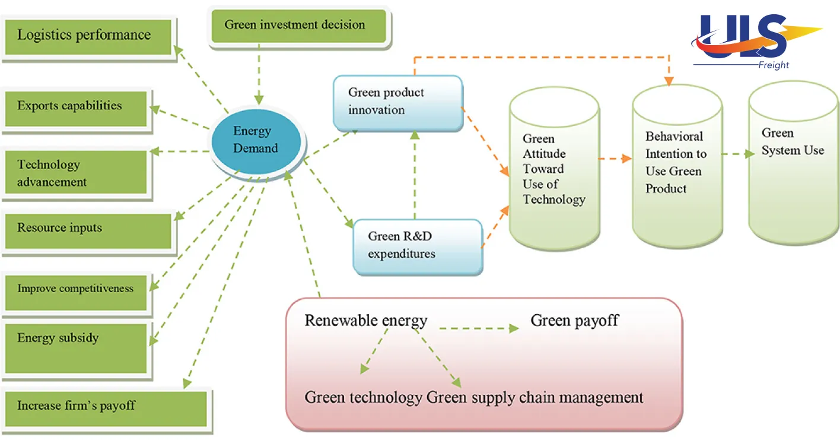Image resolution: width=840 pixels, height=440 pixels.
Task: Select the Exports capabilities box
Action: point(75,107)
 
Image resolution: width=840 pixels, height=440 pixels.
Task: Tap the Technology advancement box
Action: point(75,172)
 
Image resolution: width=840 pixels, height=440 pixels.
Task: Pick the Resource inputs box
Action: point(87,230)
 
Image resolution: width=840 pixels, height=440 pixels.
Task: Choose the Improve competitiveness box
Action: point(75,292)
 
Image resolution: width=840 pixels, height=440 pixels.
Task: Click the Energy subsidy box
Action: point(75,348)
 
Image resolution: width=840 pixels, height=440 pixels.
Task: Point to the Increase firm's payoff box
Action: point(106,409)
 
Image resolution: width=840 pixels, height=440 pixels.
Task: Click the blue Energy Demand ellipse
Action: point(256,140)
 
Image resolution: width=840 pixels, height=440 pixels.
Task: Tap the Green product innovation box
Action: point(397,102)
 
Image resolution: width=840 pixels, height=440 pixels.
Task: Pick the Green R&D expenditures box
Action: point(417,246)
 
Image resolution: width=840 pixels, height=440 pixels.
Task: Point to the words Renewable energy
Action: point(365,321)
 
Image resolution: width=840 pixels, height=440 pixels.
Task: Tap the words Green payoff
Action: point(574,321)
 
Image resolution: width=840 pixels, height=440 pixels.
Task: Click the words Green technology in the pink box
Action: point(363,397)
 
